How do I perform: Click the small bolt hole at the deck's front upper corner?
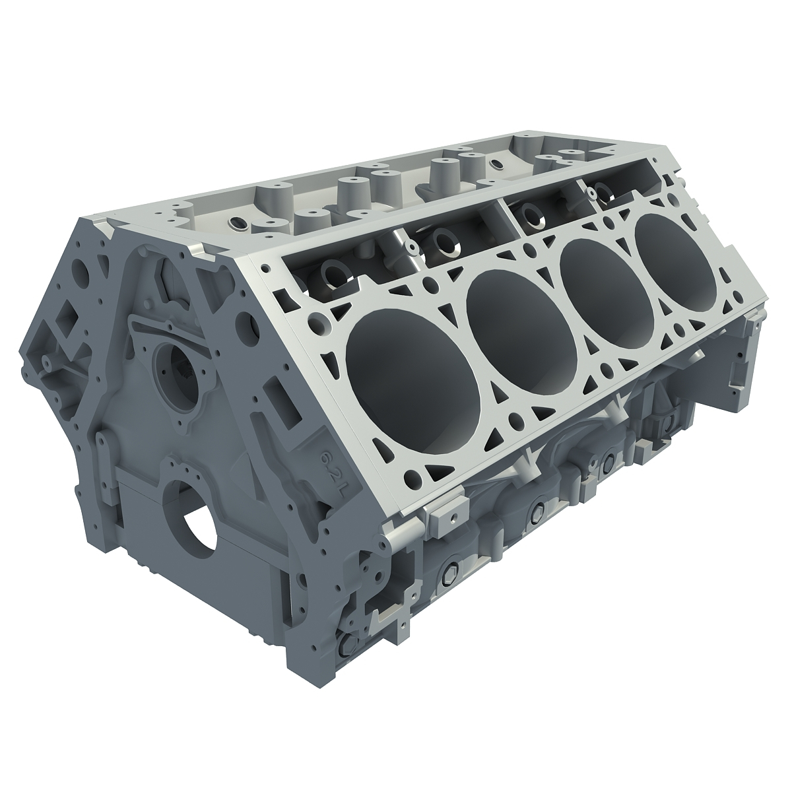click(265, 270)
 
